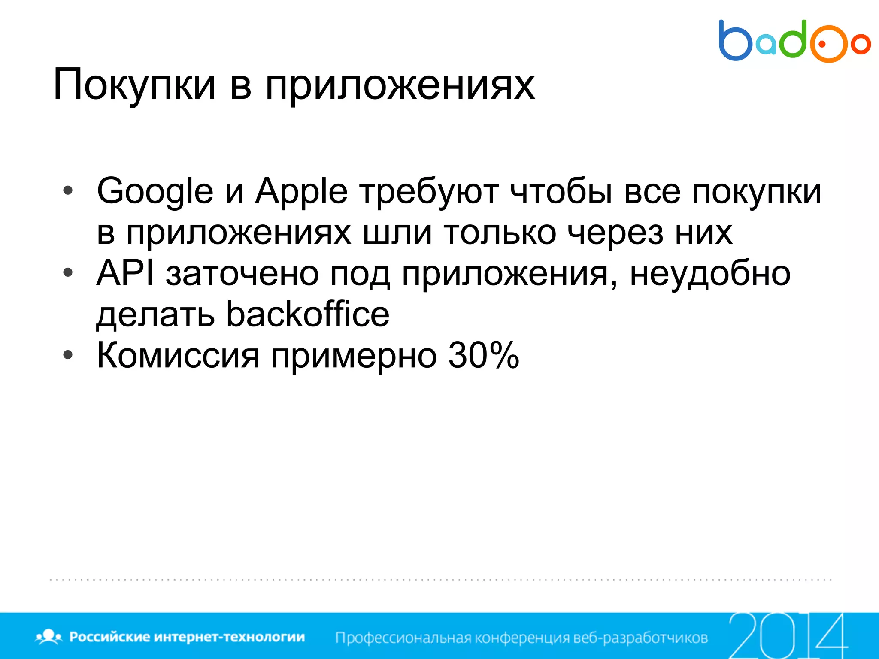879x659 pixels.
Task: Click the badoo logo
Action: click(794, 41)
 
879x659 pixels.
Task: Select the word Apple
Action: click(301, 191)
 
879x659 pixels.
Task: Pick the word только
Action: click(500, 233)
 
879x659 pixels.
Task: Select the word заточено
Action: click(242, 274)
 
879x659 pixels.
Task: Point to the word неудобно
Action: click(710, 274)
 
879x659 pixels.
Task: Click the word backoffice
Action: click(308, 314)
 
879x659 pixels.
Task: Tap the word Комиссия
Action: click(178, 355)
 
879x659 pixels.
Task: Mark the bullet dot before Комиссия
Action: click(68, 355)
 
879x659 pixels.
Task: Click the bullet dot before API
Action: click(68, 273)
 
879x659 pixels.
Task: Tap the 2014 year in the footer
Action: click(788, 636)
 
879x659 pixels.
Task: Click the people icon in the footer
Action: click(49, 636)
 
